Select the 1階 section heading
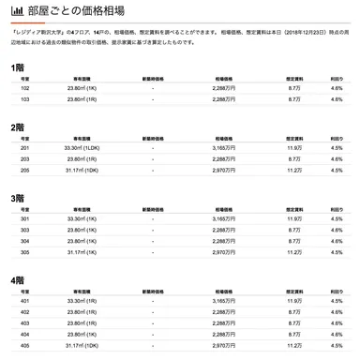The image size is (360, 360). click(x=17, y=67)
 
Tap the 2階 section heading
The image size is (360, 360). click(x=17, y=127)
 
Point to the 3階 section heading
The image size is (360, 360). click(x=17, y=199)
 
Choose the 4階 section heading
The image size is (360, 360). click(x=17, y=280)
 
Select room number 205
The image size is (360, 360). click(x=24, y=170)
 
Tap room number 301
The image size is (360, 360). click(x=24, y=217)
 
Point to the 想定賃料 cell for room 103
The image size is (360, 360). click(x=293, y=98)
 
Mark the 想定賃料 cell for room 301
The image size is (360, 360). click(x=293, y=217)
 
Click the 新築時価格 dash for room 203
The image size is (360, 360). click(x=152, y=158)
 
